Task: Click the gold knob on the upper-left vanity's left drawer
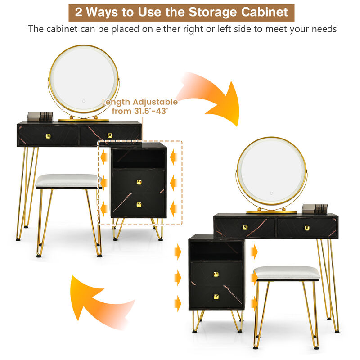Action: [48, 135]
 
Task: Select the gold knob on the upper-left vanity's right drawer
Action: [110, 135]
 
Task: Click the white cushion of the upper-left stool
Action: [67, 180]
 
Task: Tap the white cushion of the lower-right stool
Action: [287, 272]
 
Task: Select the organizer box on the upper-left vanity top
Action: [40, 117]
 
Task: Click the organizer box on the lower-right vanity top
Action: [315, 209]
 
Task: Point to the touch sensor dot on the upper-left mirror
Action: [83, 100]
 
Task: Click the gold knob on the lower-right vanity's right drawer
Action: [307, 228]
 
